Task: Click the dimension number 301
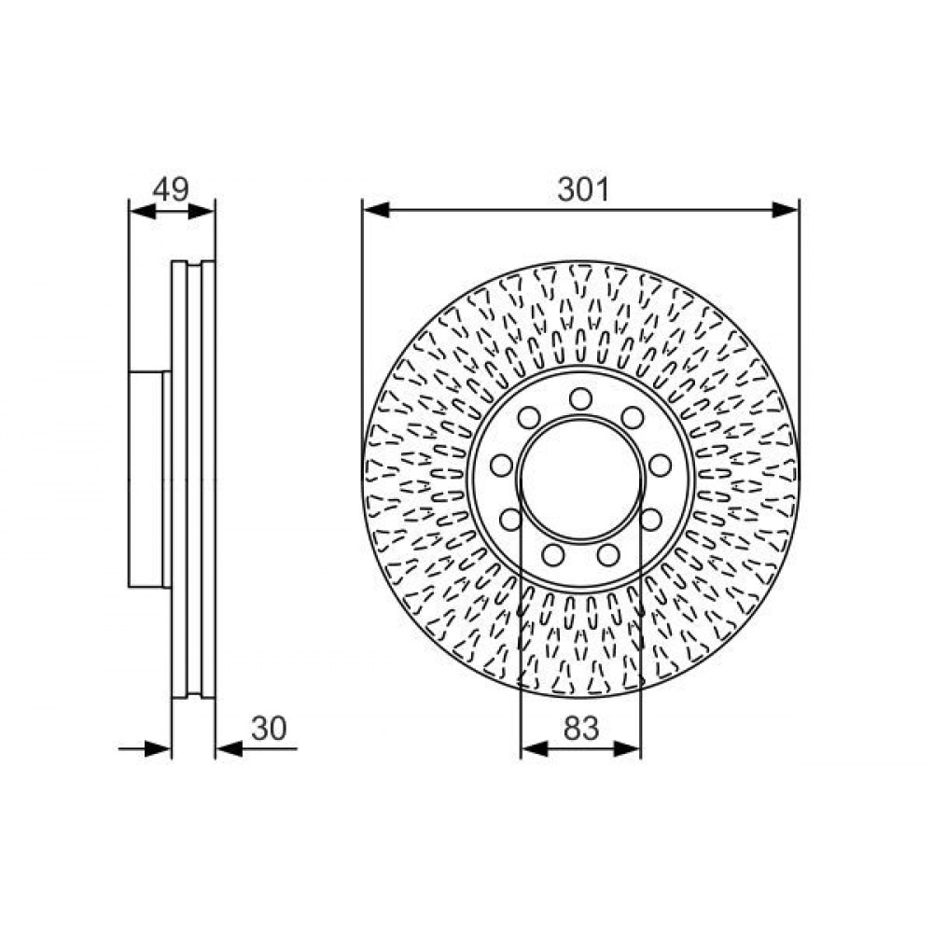pos(583,189)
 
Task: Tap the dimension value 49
pos(171,189)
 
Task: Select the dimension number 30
pos(269,729)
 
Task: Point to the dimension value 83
pos(580,729)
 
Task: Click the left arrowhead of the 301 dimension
pos(376,209)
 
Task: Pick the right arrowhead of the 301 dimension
pos(786,209)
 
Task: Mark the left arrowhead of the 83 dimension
pos(535,748)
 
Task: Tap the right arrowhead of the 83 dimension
pos(627,748)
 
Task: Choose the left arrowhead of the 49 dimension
pos(142,211)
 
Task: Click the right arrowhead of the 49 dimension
pos(202,211)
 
